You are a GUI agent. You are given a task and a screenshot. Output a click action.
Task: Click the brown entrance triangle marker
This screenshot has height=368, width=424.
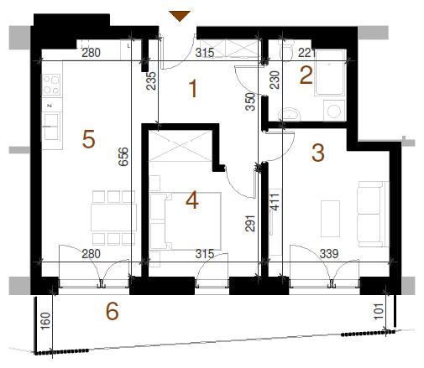click(x=180, y=16)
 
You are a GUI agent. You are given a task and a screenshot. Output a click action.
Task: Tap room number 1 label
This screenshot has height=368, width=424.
click(x=193, y=89)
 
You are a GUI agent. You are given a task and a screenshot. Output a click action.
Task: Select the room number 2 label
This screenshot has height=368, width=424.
click(x=306, y=75)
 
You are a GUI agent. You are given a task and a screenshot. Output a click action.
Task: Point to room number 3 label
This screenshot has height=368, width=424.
click(x=318, y=153)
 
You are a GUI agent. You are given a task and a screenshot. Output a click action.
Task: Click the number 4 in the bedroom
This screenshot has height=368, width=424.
click(x=192, y=200)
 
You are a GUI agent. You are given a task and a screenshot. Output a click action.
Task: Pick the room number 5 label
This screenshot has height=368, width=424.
click(x=88, y=139)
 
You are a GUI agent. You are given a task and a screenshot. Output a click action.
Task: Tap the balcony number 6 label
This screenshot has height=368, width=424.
click(x=112, y=311)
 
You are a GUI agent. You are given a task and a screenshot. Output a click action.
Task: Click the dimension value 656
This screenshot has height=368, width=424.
click(x=123, y=157)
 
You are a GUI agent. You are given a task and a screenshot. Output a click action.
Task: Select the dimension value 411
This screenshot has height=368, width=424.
click(x=275, y=202)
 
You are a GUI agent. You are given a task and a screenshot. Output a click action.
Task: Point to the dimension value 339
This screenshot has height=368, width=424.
click(x=329, y=254)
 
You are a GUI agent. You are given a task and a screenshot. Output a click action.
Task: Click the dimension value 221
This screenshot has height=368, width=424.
click(x=306, y=53)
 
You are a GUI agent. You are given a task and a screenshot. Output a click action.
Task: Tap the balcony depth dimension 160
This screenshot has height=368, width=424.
click(x=45, y=321)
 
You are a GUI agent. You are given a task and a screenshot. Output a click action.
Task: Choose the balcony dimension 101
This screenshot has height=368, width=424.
click(x=379, y=311)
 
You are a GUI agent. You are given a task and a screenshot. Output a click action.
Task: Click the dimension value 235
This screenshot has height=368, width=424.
click(x=151, y=81)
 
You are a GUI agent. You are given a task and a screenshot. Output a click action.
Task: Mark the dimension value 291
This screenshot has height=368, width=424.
click(x=250, y=224)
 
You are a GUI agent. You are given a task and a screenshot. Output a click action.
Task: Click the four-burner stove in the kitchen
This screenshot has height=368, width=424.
click(x=51, y=85)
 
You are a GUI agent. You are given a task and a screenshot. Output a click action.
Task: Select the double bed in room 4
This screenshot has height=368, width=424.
click(x=186, y=220)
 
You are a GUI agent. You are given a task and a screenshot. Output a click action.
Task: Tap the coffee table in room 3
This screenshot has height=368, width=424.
click(x=330, y=219)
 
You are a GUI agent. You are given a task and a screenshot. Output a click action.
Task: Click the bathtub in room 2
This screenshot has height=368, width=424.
click(x=329, y=73)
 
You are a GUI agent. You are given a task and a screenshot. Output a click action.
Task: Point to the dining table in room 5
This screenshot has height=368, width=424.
click(x=113, y=217)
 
